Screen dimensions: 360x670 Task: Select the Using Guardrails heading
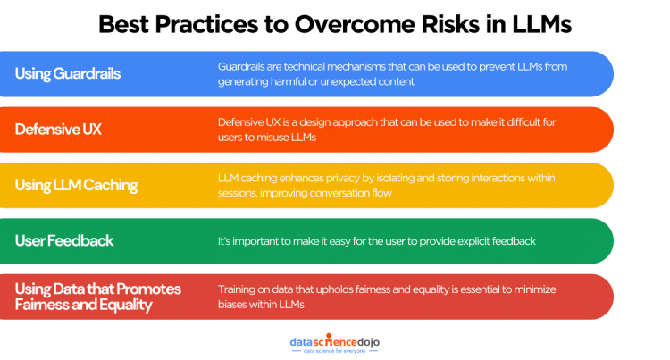67,73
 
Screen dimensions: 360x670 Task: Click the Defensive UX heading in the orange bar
58,130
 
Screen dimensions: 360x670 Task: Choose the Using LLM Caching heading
76,185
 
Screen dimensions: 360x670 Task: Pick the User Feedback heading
64,241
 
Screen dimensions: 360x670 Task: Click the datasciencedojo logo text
334,339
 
